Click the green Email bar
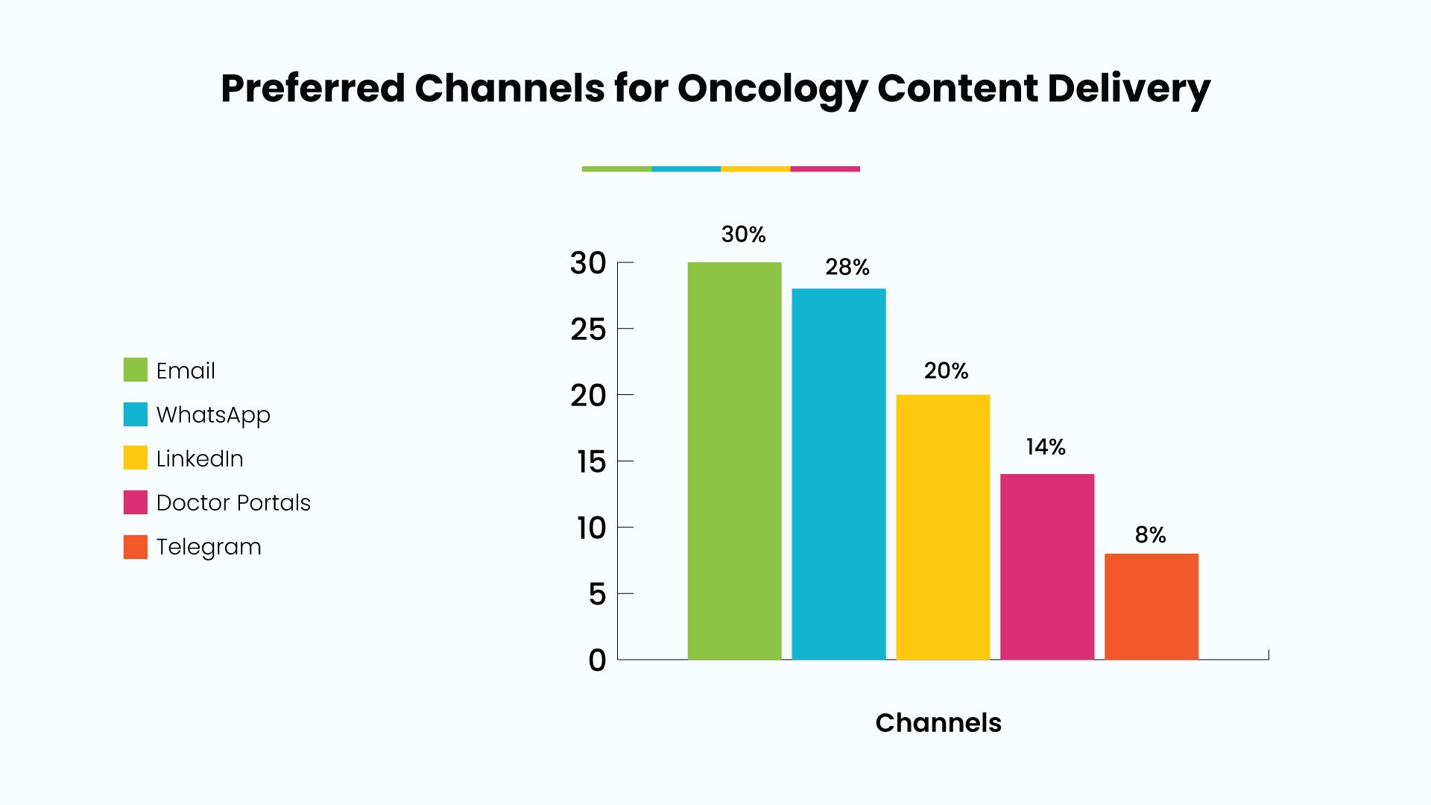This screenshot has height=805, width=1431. pyautogui.click(x=734, y=461)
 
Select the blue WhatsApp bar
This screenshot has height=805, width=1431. pyautogui.click(x=838, y=474)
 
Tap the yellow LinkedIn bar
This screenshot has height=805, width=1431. pyautogui.click(x=943, y=527)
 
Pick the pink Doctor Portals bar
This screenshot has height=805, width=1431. pyautogui.click(x=1047, y=566)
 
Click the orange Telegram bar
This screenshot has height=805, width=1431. pyautogui.click(x=1152, y=607)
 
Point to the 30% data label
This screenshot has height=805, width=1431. pyautogui.click(x=743, y=235)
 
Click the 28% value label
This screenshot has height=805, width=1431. pyautogui.click(x=847, y=268)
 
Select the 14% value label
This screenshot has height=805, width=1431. pyautogui.click(x=1046, y=447)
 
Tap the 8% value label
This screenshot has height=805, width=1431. pyautogui.click(x=1150, y=535)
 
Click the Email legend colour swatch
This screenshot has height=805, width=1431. pyautogui.click(x=136, y=370)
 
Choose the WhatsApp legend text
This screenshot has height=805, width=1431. pyautogui.click(x=213, y=415)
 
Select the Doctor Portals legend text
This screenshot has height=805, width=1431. pyautogui.click(x=233, y=502)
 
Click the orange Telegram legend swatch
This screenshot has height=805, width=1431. pyautogui.click(x=136, y=546)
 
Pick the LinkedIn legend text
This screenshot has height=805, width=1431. pyautogui.click(x=200, y=458)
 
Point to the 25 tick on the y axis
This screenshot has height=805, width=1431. pyautogui.click(x=588, y=329)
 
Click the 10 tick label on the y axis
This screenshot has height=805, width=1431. pyautogui.click(x=591, y=528)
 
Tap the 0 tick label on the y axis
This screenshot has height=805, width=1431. pyautogui.click(x=597, y=660)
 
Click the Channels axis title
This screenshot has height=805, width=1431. pyautogui.click(x=938, y=723)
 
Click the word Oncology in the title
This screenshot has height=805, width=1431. pyautogui.click(x=772, y=89)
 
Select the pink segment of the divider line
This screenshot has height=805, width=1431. pyautogui.click(x=825, y=169)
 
